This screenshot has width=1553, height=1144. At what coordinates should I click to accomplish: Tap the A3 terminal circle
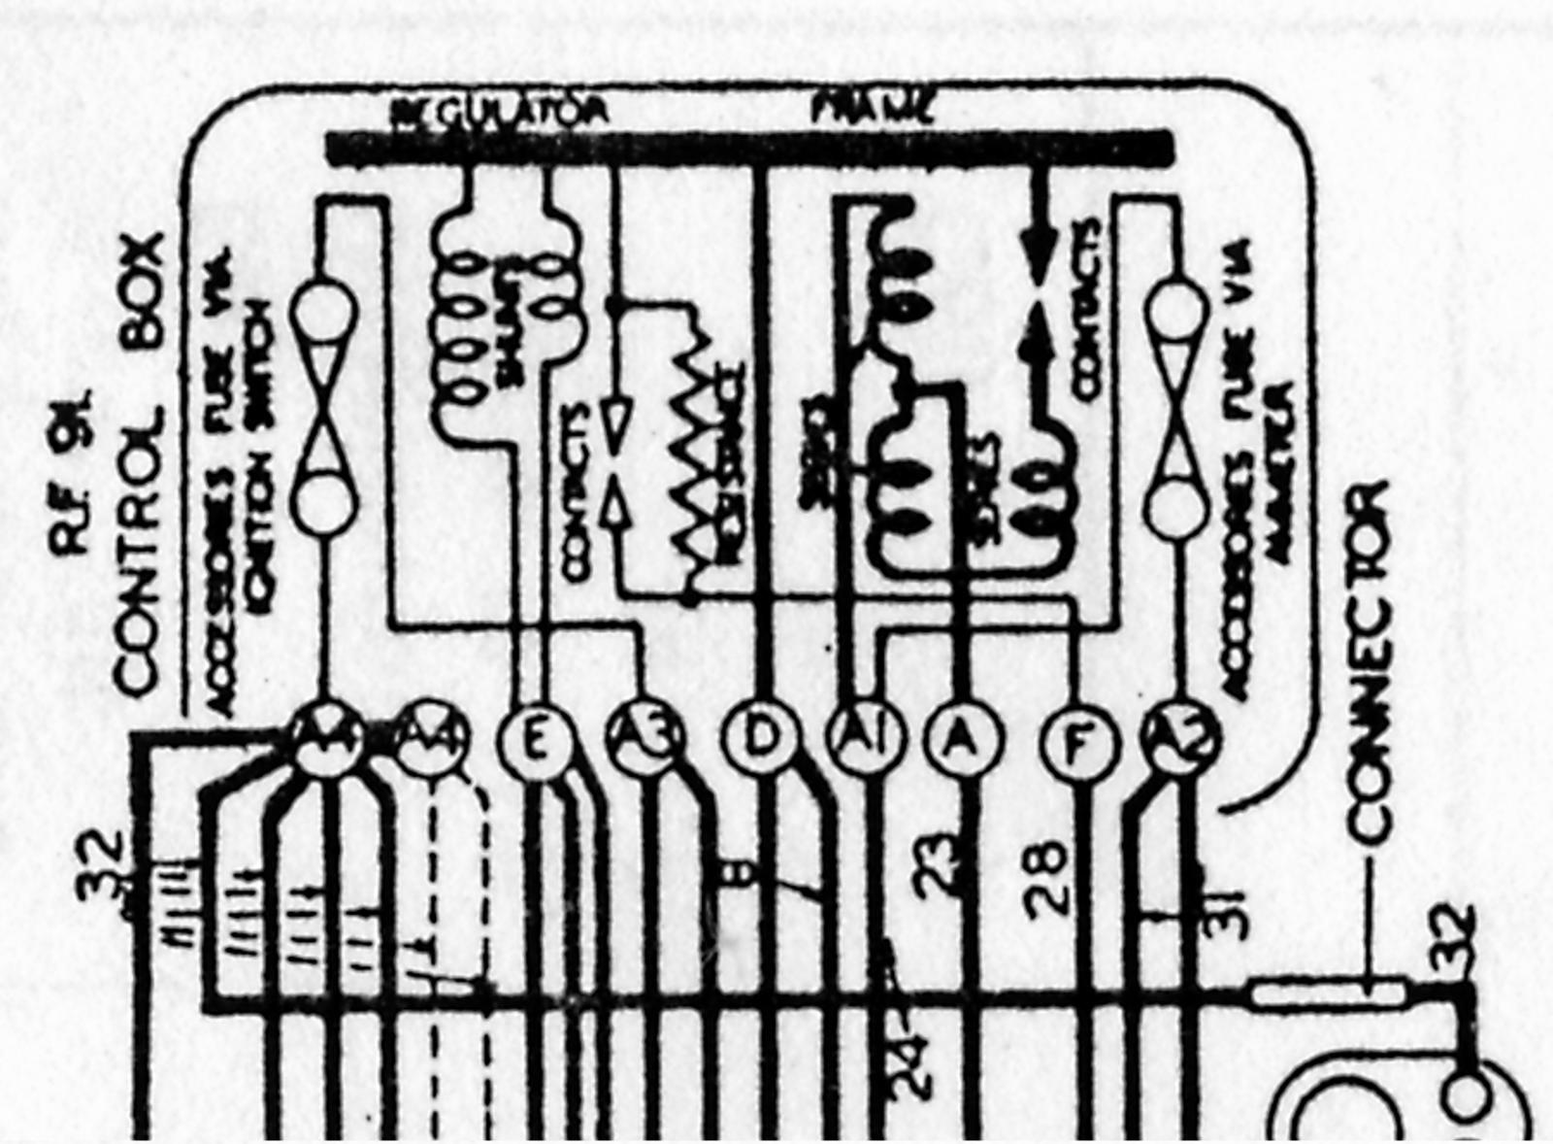click(645, 742)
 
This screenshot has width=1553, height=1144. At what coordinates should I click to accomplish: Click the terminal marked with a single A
click(961, 742)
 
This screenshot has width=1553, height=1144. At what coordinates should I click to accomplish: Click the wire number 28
click(1045, 879)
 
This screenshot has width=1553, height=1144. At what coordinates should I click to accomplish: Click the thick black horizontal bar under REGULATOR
click(747, 148)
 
